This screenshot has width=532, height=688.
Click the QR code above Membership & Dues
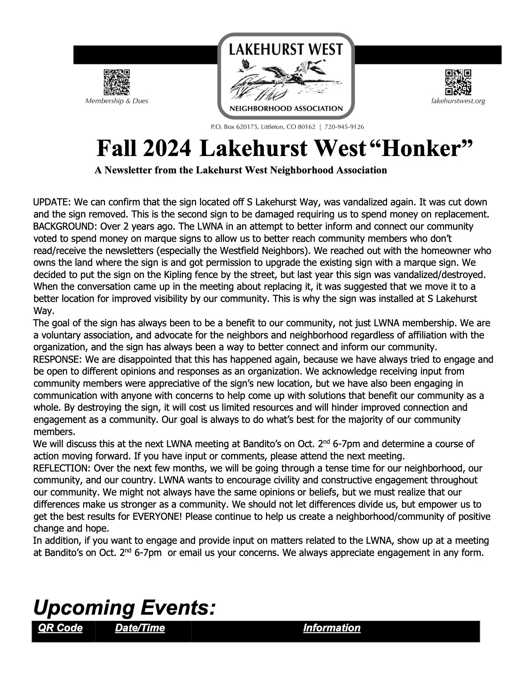pyautogui.click(x=116, y=82)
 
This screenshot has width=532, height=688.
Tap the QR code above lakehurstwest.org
pyautogui.click(x=458, y=82)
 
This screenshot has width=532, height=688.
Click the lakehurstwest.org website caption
pyautogui.click(x=458, y=101)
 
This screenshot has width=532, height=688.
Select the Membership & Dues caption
pyautogui.click(x=116, y=101)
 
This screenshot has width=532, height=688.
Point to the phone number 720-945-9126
pyautogui.click(x=344, y=127)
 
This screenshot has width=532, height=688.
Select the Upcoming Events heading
pyautogui.click(x=124, y=608)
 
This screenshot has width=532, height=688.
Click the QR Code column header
pyautogui.click(x=60, y=628)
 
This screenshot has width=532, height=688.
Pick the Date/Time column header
pyautogui.click(x=140, y=628)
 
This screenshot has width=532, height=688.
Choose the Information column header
pyautogui.click(x=332, y=628)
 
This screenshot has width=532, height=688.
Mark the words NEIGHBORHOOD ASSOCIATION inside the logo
pyautogui.click(x=286, y=108)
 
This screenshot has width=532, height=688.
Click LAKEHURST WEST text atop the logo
pyautogui.click(x=286, y=50)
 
